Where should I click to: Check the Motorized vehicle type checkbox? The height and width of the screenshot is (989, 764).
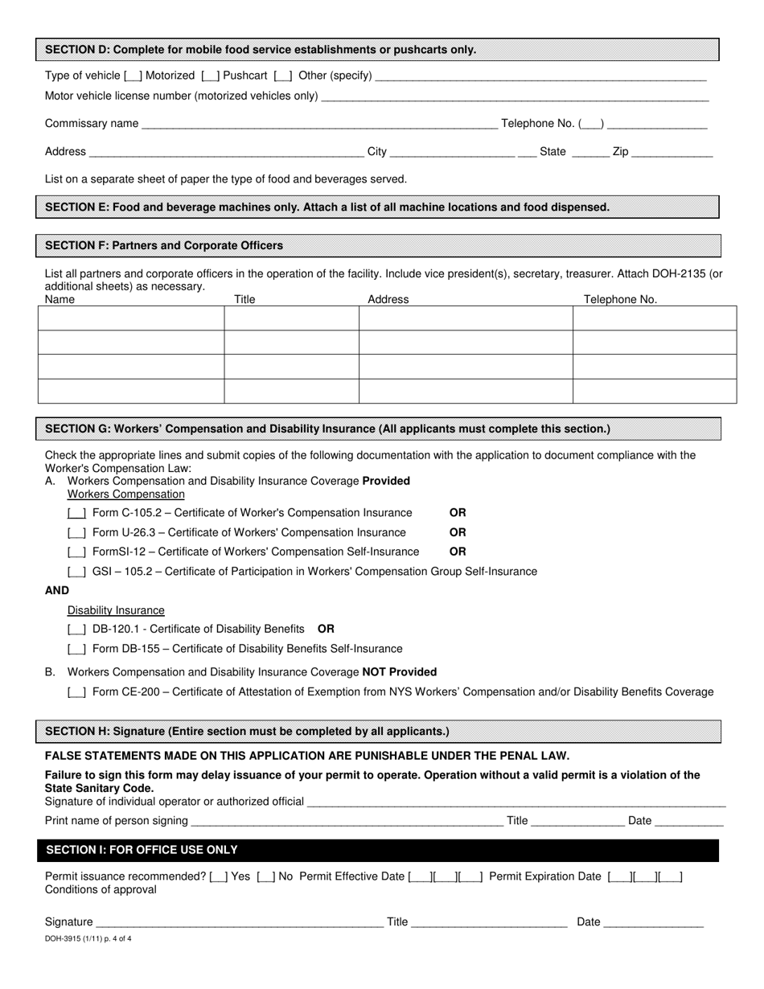pos(133,76)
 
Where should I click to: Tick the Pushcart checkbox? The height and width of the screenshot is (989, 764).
pos(210,76)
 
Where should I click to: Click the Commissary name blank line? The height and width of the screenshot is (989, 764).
pos(318,124)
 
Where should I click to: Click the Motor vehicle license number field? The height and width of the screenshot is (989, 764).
pos(515,96)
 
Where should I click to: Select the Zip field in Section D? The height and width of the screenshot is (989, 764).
pos(672,152)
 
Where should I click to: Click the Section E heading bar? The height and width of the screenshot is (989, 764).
pos(378,207)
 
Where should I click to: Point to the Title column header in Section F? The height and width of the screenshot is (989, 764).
pos(244,299)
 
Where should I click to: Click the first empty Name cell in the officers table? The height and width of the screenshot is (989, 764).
pos(131,318)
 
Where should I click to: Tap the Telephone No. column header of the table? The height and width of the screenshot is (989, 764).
pos(620,299)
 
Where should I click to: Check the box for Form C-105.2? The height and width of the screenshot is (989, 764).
pos(77,513)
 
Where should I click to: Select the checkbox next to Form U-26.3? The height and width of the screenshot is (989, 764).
pos(77,533)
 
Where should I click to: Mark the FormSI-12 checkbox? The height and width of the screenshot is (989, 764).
pos(77,552)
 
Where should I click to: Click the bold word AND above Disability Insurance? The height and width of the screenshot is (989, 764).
pos(57,590)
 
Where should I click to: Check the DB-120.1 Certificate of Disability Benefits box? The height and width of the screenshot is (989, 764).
pos(77,629)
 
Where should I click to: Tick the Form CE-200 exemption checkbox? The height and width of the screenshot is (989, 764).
pos(77,692)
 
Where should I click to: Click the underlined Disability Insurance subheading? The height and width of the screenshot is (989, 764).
pos(116,610)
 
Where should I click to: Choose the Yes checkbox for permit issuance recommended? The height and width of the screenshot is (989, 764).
pos(218,877)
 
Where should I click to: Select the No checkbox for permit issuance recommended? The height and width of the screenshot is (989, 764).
pos(265,877)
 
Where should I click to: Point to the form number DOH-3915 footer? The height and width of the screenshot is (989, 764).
pos(88,938)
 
